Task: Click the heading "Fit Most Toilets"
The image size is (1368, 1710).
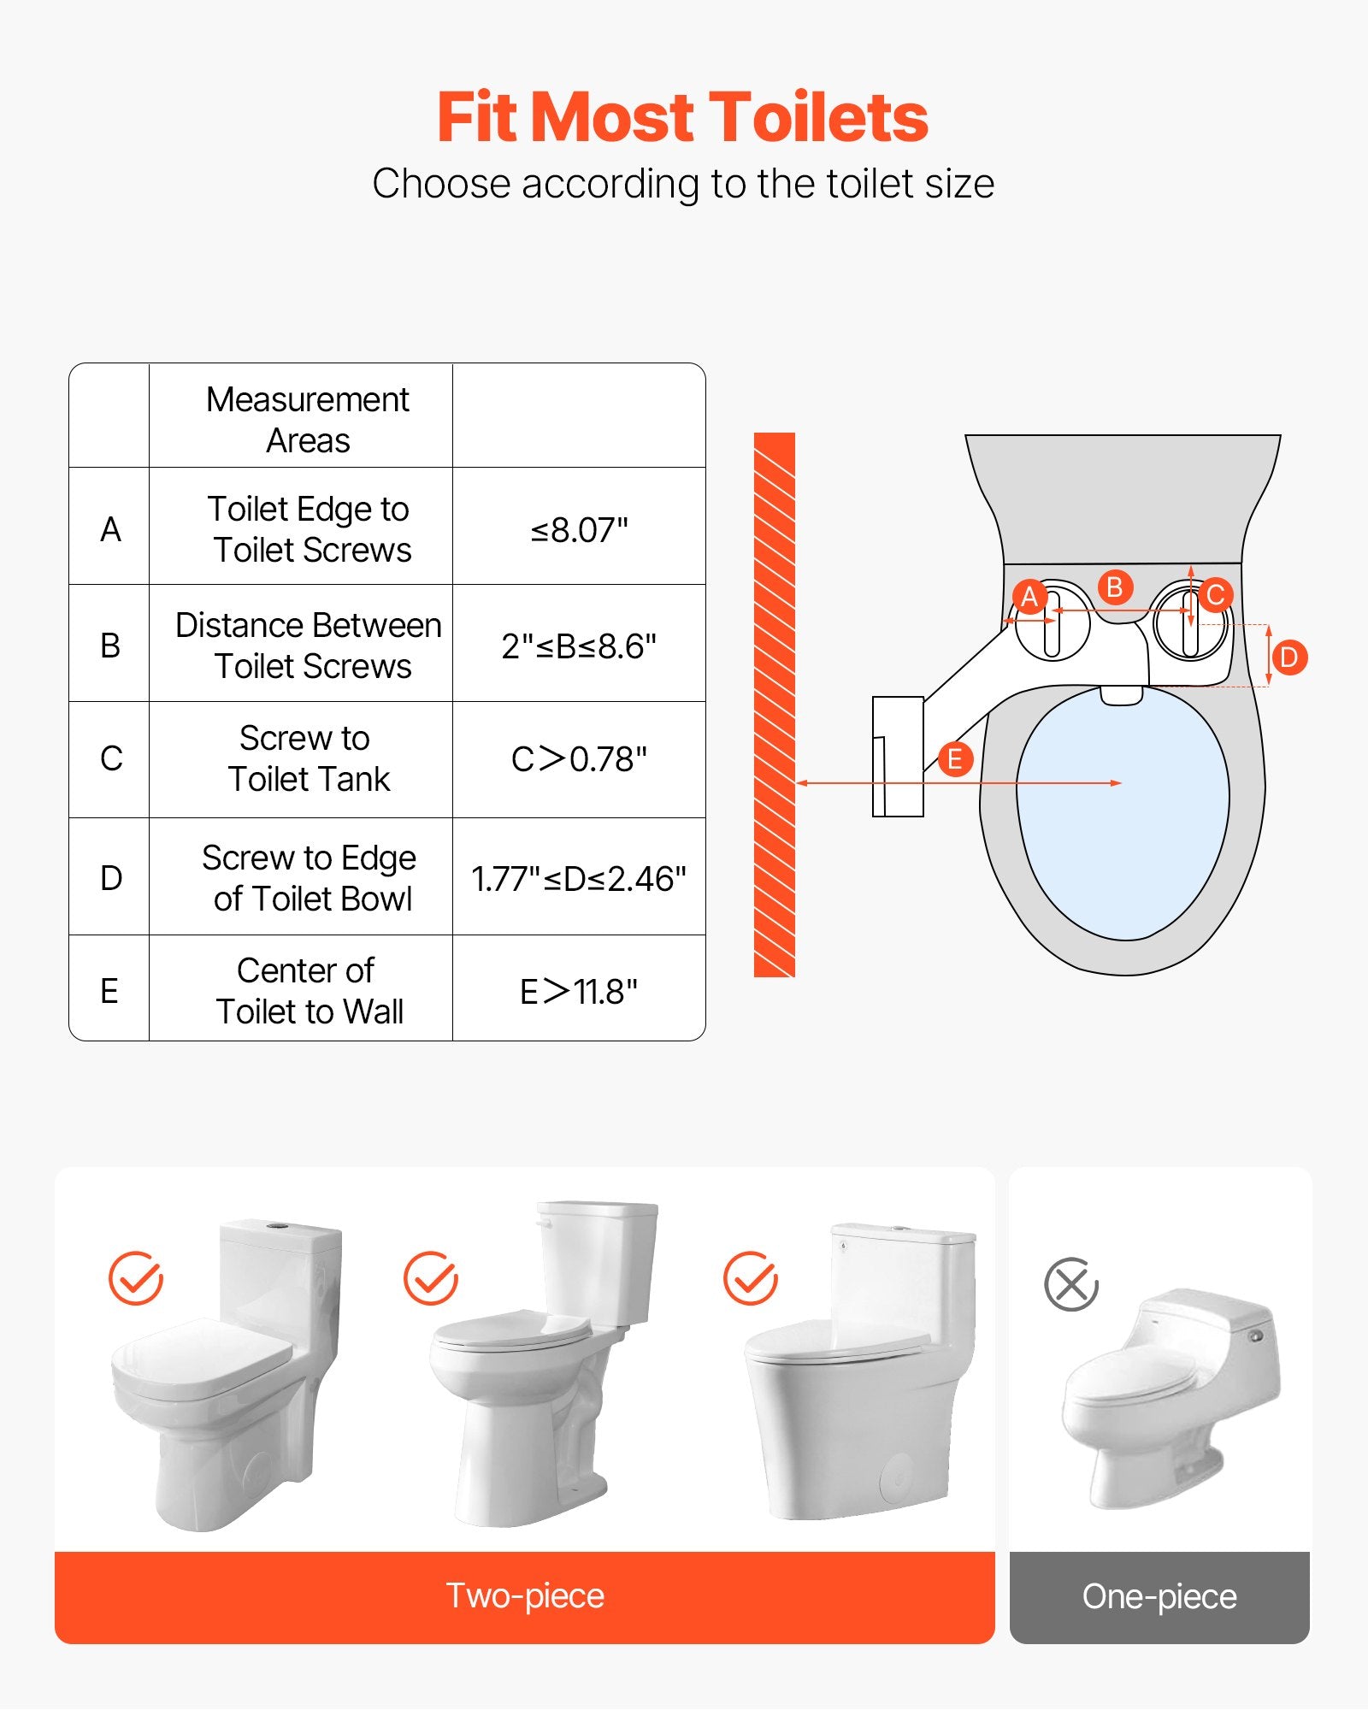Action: (682, 117)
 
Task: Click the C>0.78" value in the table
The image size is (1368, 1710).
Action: (580, 759)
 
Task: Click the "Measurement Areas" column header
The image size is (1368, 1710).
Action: (308, 420)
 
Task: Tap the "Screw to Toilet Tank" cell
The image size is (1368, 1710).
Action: (308, 758)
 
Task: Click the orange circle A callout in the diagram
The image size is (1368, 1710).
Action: (1029, 597)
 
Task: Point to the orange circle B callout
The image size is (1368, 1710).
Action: (1115, 587)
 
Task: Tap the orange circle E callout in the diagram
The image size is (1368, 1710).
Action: (955, 759)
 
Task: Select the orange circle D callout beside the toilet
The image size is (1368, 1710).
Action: (1289, 657)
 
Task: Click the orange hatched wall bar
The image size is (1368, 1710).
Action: (775, 705)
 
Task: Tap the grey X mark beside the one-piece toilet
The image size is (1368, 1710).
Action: (1071, 1284)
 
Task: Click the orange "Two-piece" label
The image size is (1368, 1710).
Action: (525, 1596)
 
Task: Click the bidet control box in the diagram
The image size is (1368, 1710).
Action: (898, 757)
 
